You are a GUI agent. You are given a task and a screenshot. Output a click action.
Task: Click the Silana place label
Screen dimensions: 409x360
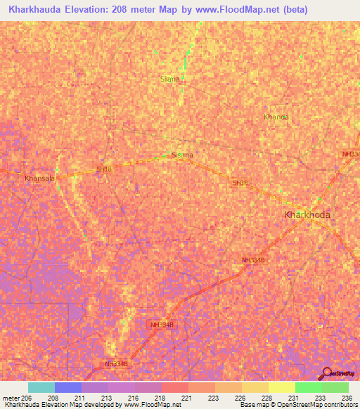169,79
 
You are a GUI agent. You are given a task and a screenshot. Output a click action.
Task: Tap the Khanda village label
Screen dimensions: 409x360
276,117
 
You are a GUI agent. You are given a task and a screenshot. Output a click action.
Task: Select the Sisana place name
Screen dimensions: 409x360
182,155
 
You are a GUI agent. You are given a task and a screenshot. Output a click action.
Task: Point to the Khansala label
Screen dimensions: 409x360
39,179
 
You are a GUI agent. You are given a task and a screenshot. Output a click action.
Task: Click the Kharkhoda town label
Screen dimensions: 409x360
307,214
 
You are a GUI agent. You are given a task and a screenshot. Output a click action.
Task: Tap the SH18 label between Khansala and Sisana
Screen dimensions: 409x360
104,169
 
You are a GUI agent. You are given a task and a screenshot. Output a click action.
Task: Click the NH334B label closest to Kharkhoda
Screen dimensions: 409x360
252,260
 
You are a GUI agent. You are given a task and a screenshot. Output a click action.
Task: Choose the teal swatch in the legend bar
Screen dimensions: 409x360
41,387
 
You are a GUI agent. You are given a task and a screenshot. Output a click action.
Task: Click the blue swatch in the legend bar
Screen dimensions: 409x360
67,387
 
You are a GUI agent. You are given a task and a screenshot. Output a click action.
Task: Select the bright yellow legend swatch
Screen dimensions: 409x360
281,387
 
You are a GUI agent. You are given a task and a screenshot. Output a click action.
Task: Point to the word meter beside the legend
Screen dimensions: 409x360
12,397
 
